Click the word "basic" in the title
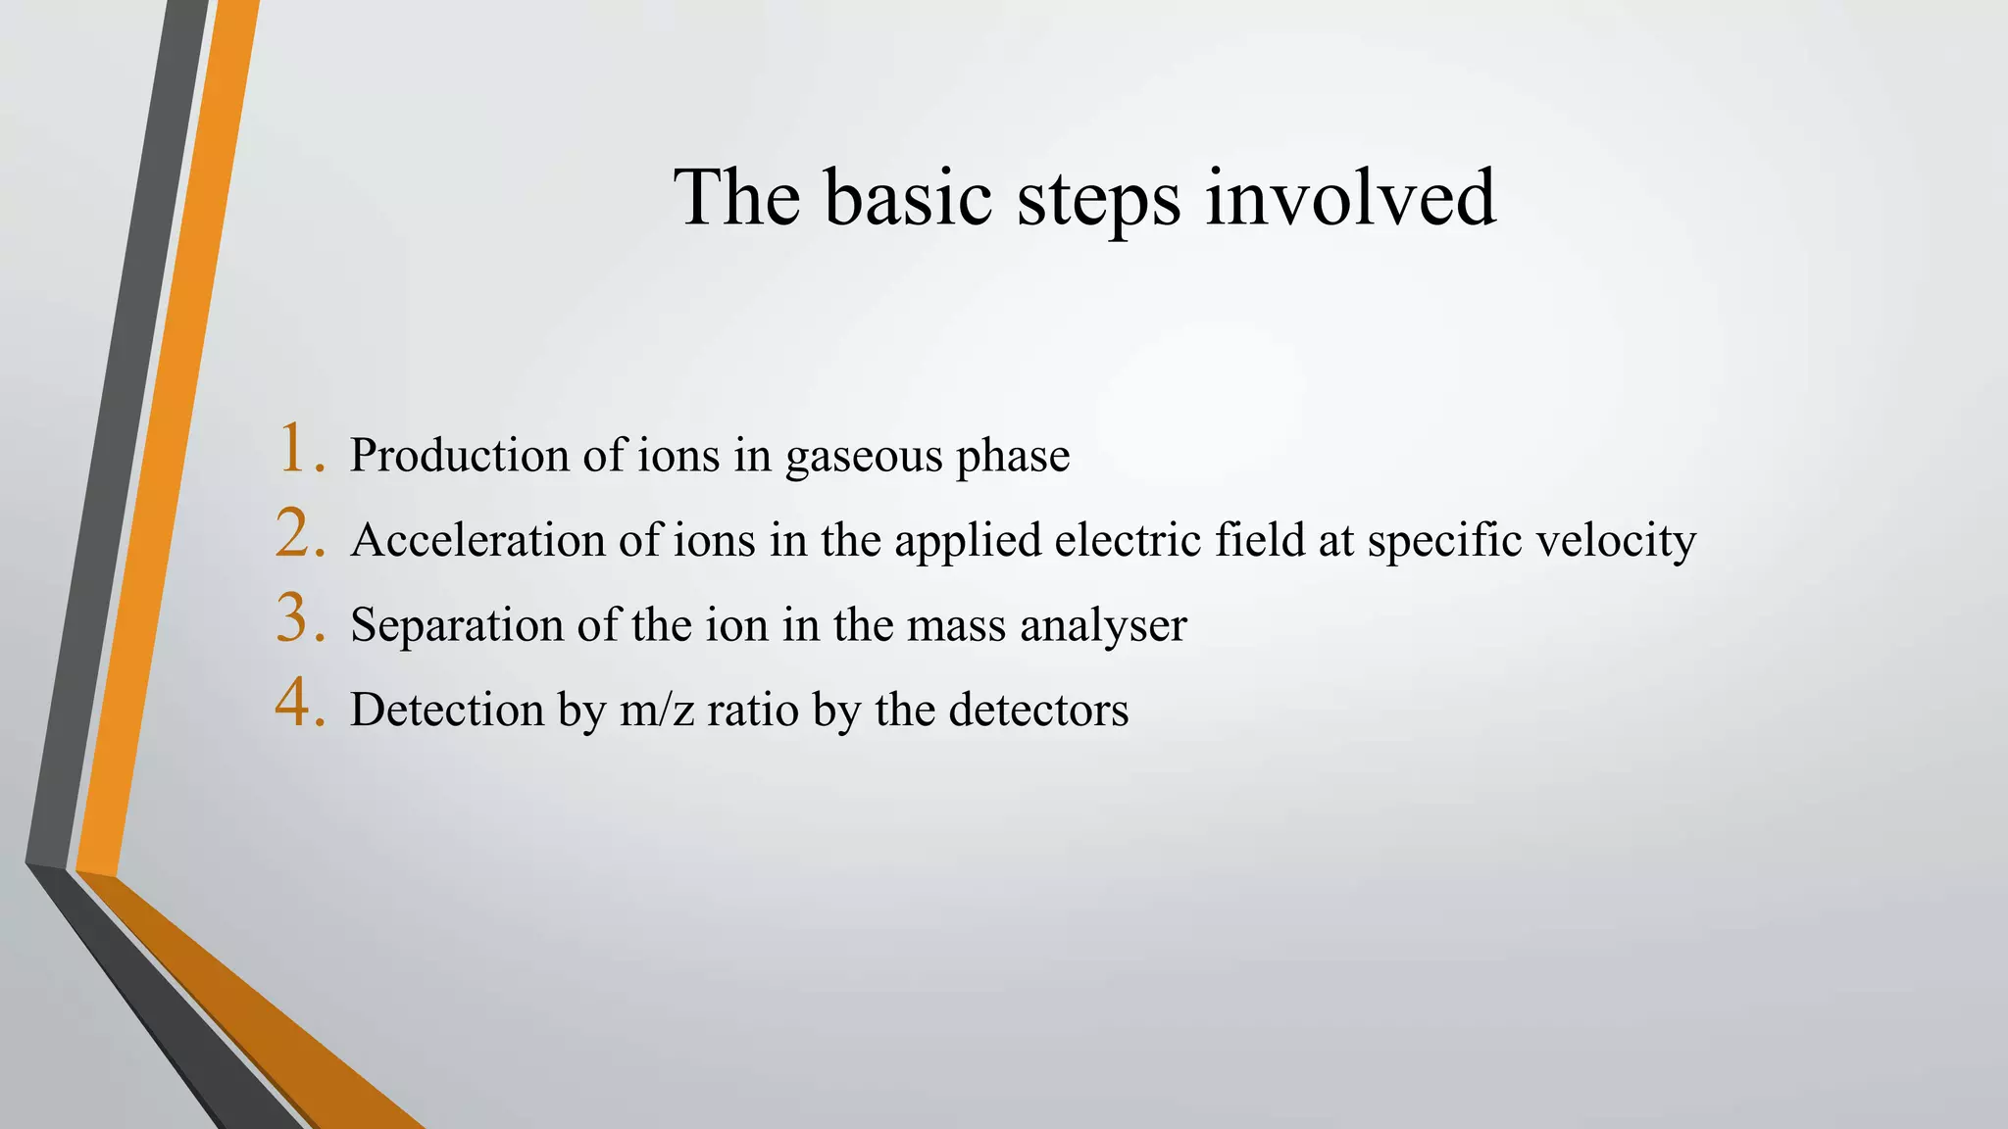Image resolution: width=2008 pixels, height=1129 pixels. click(908, 198)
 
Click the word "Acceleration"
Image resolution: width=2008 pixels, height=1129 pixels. click(477, 540)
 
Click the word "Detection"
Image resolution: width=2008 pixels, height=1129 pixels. click(446, 710)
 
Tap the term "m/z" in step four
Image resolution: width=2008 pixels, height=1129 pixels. click(656, 711)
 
